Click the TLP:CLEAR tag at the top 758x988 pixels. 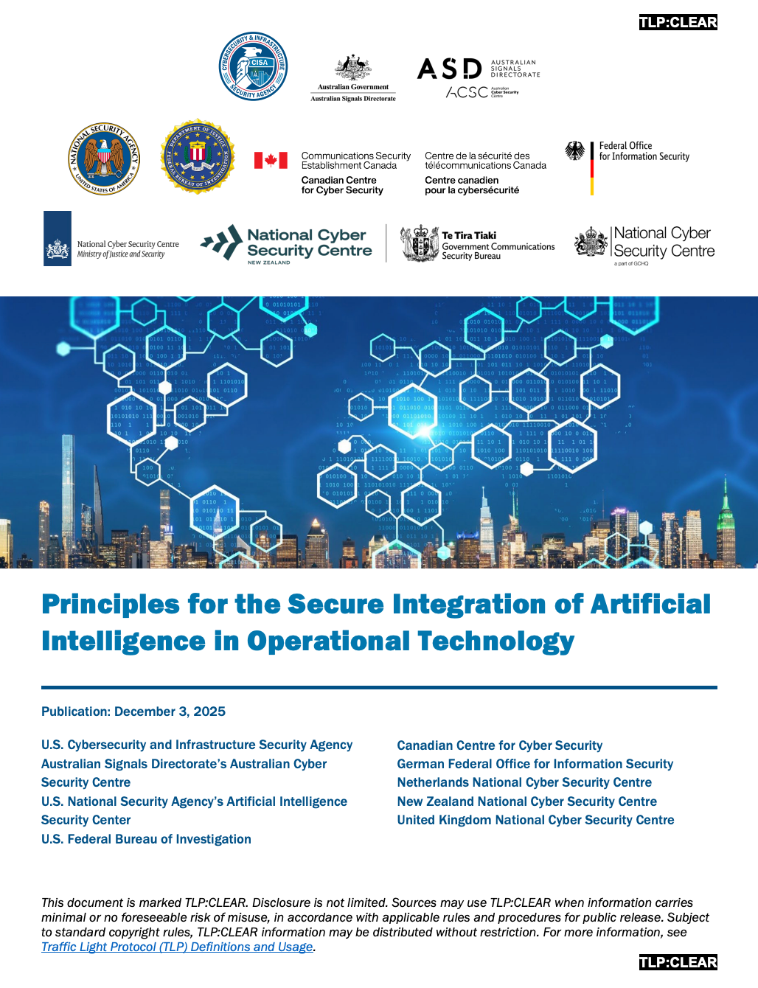(678, 22)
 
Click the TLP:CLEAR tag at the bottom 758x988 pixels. (678, 962)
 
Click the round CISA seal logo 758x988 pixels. (254, 66)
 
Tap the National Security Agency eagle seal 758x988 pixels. (104, 159)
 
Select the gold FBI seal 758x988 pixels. (198, 156)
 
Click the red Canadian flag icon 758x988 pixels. (271, 160)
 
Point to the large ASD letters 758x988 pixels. (449, 69)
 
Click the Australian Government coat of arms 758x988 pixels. (353, 68)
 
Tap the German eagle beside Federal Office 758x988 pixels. (575, 151)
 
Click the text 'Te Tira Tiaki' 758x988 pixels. (469, 235)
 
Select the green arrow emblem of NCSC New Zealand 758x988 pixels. (222, 243)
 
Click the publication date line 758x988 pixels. (133, 712)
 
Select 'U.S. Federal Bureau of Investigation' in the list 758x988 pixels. (146, 839)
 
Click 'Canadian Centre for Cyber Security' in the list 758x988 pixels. (499, 745)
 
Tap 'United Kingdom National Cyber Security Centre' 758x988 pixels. (535, 820)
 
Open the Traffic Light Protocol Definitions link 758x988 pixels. (177, 947)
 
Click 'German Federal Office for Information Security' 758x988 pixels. (535, 764)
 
